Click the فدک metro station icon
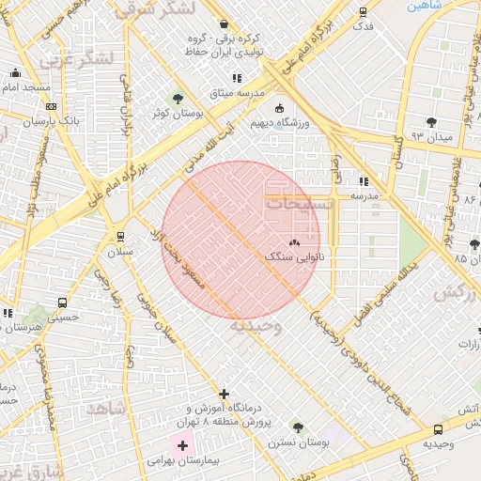(364, 12)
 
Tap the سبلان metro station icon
(119, 236)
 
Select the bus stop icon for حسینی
(62, 303)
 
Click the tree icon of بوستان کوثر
(177, 99)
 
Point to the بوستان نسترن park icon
(298, 427)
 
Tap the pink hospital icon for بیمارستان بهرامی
(181, 444)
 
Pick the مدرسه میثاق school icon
(237, 79)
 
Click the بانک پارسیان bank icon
(50, 107)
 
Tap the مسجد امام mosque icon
(14, 73)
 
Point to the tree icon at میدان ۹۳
(431, 122)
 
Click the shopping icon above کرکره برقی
(224, 24)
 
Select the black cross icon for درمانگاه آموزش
(223, 394)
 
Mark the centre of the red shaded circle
(240, 240)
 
